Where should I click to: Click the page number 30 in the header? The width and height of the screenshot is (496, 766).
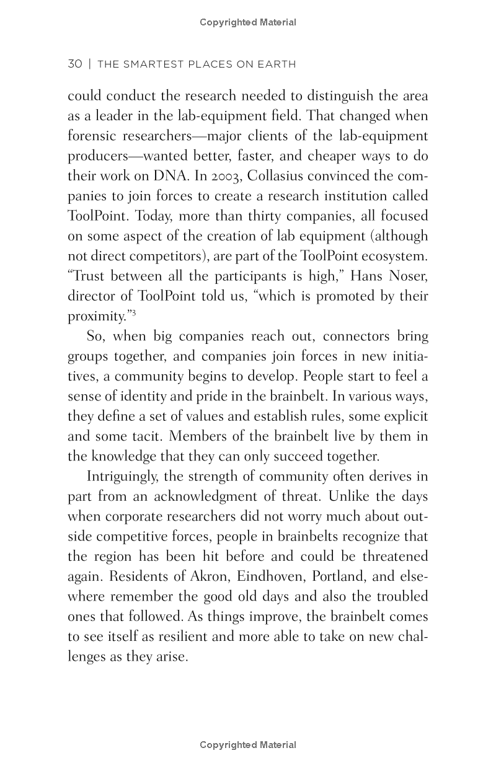(74, 64)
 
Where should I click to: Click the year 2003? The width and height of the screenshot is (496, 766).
(226, 176)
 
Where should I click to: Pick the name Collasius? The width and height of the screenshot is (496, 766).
(277, 176)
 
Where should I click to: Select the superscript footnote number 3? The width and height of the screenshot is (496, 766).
(133, 313)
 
